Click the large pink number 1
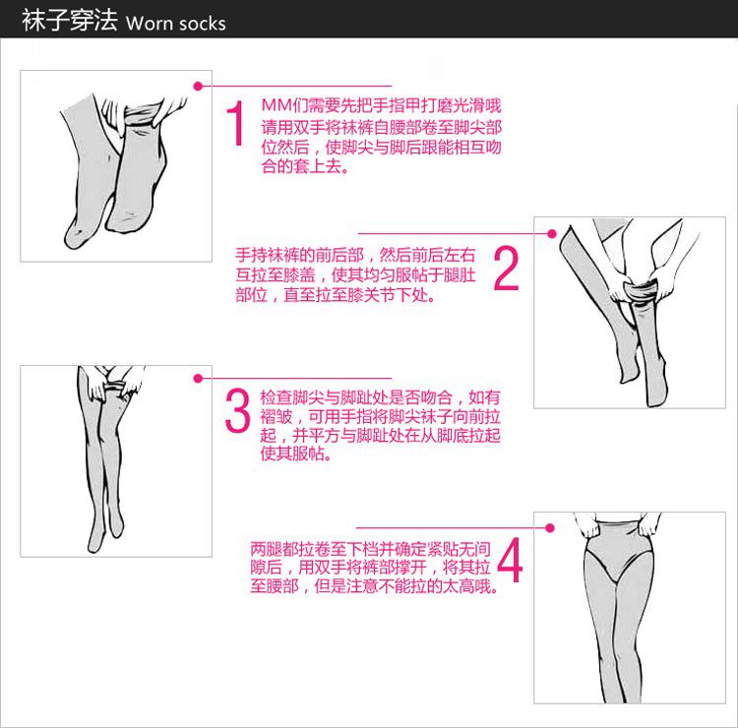point(235,123)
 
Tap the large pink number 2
point(506,269)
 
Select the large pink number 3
point(237,410)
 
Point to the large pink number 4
point(510,560)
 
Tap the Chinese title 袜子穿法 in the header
point(69,21)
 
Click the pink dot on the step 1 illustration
point(198,87)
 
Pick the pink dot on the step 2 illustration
point(552,233)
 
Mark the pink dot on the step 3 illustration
point(198,379)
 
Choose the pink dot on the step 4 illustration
point(549,528)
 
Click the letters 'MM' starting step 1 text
point(277,105)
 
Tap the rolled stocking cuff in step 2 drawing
point(640,290)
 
